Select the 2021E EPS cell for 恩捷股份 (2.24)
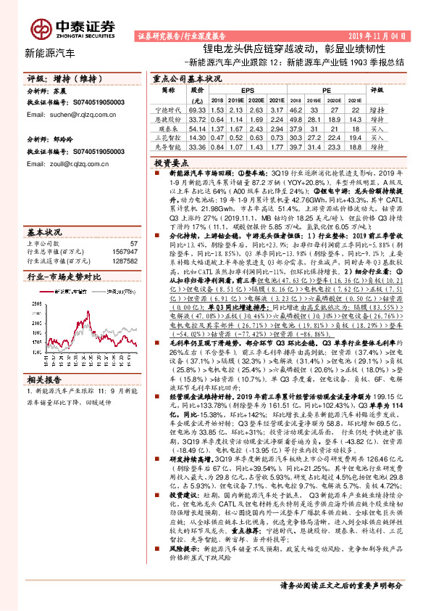tap(275, 118)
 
